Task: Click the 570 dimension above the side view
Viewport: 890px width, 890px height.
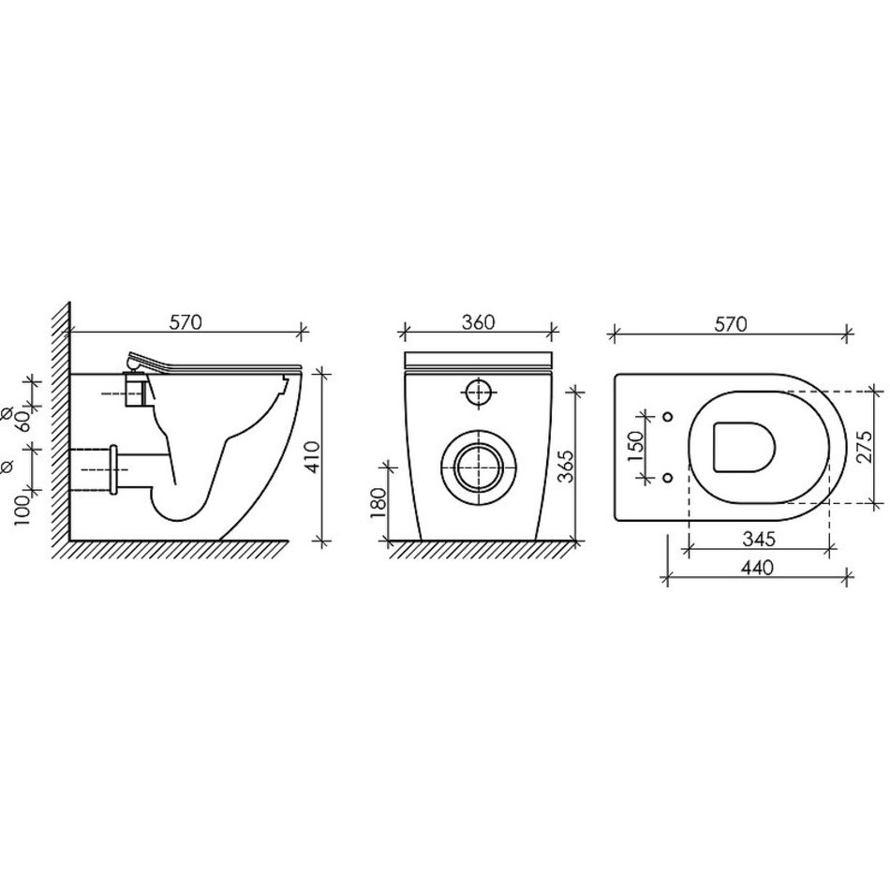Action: (186, 322)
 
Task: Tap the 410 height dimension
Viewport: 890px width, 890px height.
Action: (313, 457)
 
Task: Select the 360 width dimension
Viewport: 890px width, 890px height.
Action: (478, 322)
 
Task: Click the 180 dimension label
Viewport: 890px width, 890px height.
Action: (378, 503)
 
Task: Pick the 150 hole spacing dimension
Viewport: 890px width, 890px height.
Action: (636, 446)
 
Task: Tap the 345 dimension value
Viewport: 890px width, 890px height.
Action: (759, 539)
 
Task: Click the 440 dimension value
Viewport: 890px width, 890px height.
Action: (757, 567)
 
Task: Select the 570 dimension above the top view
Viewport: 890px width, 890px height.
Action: (731, 324)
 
